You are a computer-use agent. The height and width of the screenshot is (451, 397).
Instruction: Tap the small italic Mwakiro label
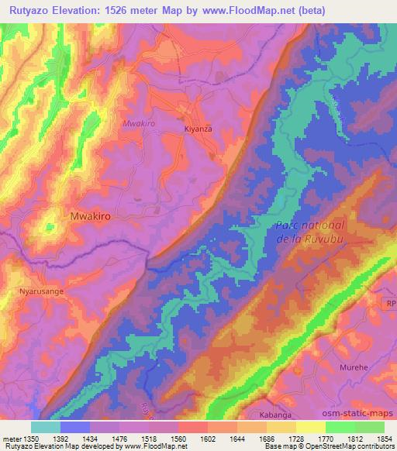139,123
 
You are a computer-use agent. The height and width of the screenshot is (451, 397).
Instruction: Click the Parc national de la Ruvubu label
310,232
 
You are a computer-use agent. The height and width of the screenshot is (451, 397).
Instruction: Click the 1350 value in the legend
30,437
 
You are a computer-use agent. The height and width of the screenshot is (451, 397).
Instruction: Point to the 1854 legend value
385,437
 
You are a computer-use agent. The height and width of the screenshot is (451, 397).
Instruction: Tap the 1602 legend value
207,437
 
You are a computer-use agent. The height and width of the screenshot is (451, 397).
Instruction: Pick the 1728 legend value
296,437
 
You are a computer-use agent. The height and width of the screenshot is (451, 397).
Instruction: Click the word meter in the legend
11,437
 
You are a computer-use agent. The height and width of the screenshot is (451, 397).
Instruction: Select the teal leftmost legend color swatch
45,427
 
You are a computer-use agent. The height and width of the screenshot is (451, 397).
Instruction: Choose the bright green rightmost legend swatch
370,427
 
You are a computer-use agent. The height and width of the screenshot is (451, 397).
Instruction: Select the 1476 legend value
119,437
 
